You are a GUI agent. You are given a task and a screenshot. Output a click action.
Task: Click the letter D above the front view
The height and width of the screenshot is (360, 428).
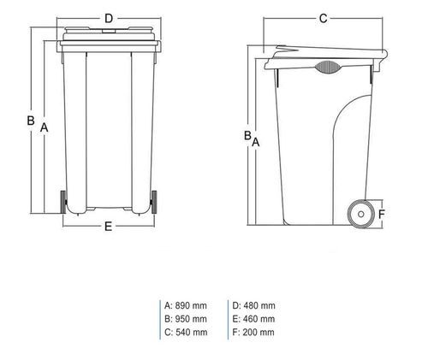coord(108,18)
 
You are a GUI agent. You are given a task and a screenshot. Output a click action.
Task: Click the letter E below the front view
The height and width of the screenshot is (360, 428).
coord(108,227)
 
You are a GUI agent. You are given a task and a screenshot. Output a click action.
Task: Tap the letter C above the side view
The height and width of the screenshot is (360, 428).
coord(324,18)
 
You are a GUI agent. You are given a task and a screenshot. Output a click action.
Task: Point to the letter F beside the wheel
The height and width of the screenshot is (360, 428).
coord(383,214)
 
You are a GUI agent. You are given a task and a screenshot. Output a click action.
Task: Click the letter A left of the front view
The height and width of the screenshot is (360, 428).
coord(43,127)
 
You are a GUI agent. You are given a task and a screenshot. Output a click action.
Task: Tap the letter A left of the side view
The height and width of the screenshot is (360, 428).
coord(255,143)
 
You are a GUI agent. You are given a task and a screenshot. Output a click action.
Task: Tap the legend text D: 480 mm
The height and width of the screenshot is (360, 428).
coord(253,305)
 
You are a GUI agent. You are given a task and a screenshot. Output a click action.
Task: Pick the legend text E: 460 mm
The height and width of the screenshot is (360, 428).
coord(253,319)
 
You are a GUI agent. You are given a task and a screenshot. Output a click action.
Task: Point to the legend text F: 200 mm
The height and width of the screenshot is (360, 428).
coord(253,332)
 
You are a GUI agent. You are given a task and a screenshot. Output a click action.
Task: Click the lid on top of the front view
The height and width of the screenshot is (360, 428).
coord(109,34)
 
